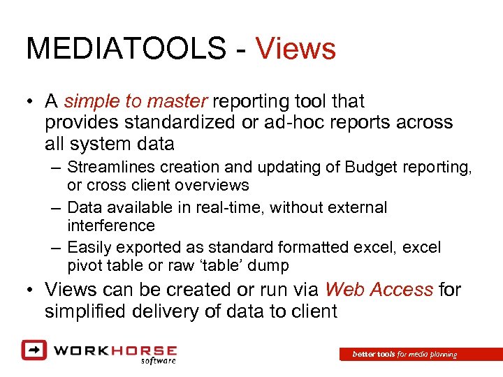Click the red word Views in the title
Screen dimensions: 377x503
(296, 49)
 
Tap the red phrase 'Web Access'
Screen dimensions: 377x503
(379, 289)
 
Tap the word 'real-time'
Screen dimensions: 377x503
(228, 207)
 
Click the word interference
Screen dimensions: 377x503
(110, 226)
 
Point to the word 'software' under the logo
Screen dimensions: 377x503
(158, 361)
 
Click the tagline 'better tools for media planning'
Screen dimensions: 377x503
(404, 355)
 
